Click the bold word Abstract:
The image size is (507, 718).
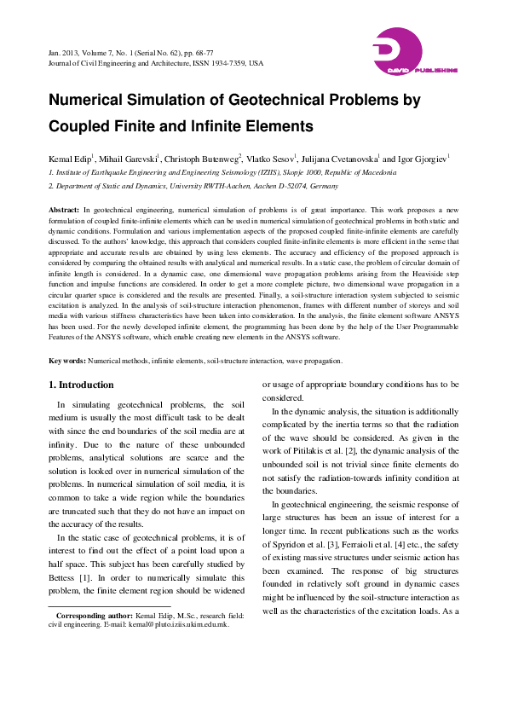[x=65, y=210]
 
